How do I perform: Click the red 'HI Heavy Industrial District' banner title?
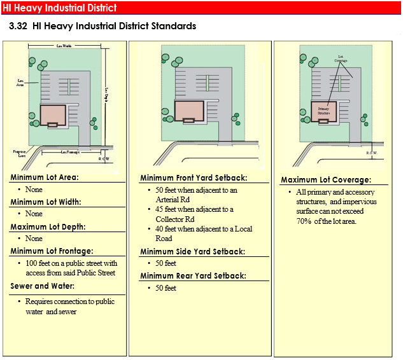[60, 8]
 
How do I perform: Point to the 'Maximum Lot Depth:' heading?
[48, 226]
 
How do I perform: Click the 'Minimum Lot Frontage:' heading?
[52, 251]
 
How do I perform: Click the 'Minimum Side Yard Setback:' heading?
[192, 251]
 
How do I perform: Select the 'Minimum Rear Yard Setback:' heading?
[192, 276]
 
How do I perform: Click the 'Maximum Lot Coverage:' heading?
[326, 180]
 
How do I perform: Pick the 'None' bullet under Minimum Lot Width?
[34, 214]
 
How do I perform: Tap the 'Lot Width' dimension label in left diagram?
[64, 46]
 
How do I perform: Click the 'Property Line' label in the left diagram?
[19, 153]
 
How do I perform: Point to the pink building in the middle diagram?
[186, 111]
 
